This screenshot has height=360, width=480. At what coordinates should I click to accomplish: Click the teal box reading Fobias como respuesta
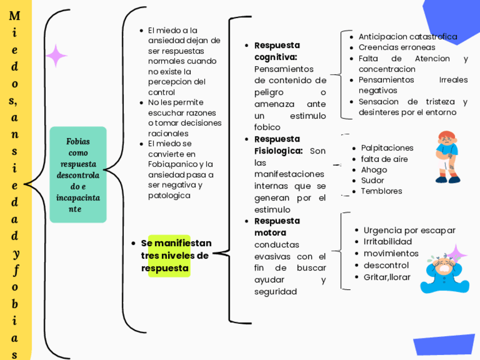click(x=78, y=174)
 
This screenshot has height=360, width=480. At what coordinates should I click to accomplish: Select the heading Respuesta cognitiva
click(x=277, y=51)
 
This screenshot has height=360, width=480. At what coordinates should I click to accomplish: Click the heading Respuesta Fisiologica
click(x=278, y=145)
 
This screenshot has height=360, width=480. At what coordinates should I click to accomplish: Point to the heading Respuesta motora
click(x=277, y=226)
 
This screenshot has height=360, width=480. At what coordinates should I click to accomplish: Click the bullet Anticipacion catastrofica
click(x=408, y=37)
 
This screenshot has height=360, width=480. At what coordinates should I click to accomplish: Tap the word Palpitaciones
click(x=387, y=148)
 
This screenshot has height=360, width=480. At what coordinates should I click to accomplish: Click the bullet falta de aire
click(x=384, y=159)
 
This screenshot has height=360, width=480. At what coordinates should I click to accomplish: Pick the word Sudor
click(x=372, y=181)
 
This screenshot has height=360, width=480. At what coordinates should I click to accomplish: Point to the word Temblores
click(x=382, y=191)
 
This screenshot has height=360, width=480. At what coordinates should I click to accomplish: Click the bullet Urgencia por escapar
click(x=409, y=230)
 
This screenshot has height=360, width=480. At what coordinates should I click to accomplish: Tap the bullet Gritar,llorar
click(x=387, y=277)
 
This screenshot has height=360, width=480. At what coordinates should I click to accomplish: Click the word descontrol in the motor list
click(x=386, y=265)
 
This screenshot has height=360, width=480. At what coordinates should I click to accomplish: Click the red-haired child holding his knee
click(x=448, y=157)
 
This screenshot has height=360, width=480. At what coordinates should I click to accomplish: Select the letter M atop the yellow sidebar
click(x=15, y=16)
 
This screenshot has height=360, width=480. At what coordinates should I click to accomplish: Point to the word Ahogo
click(x=374, y=170)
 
